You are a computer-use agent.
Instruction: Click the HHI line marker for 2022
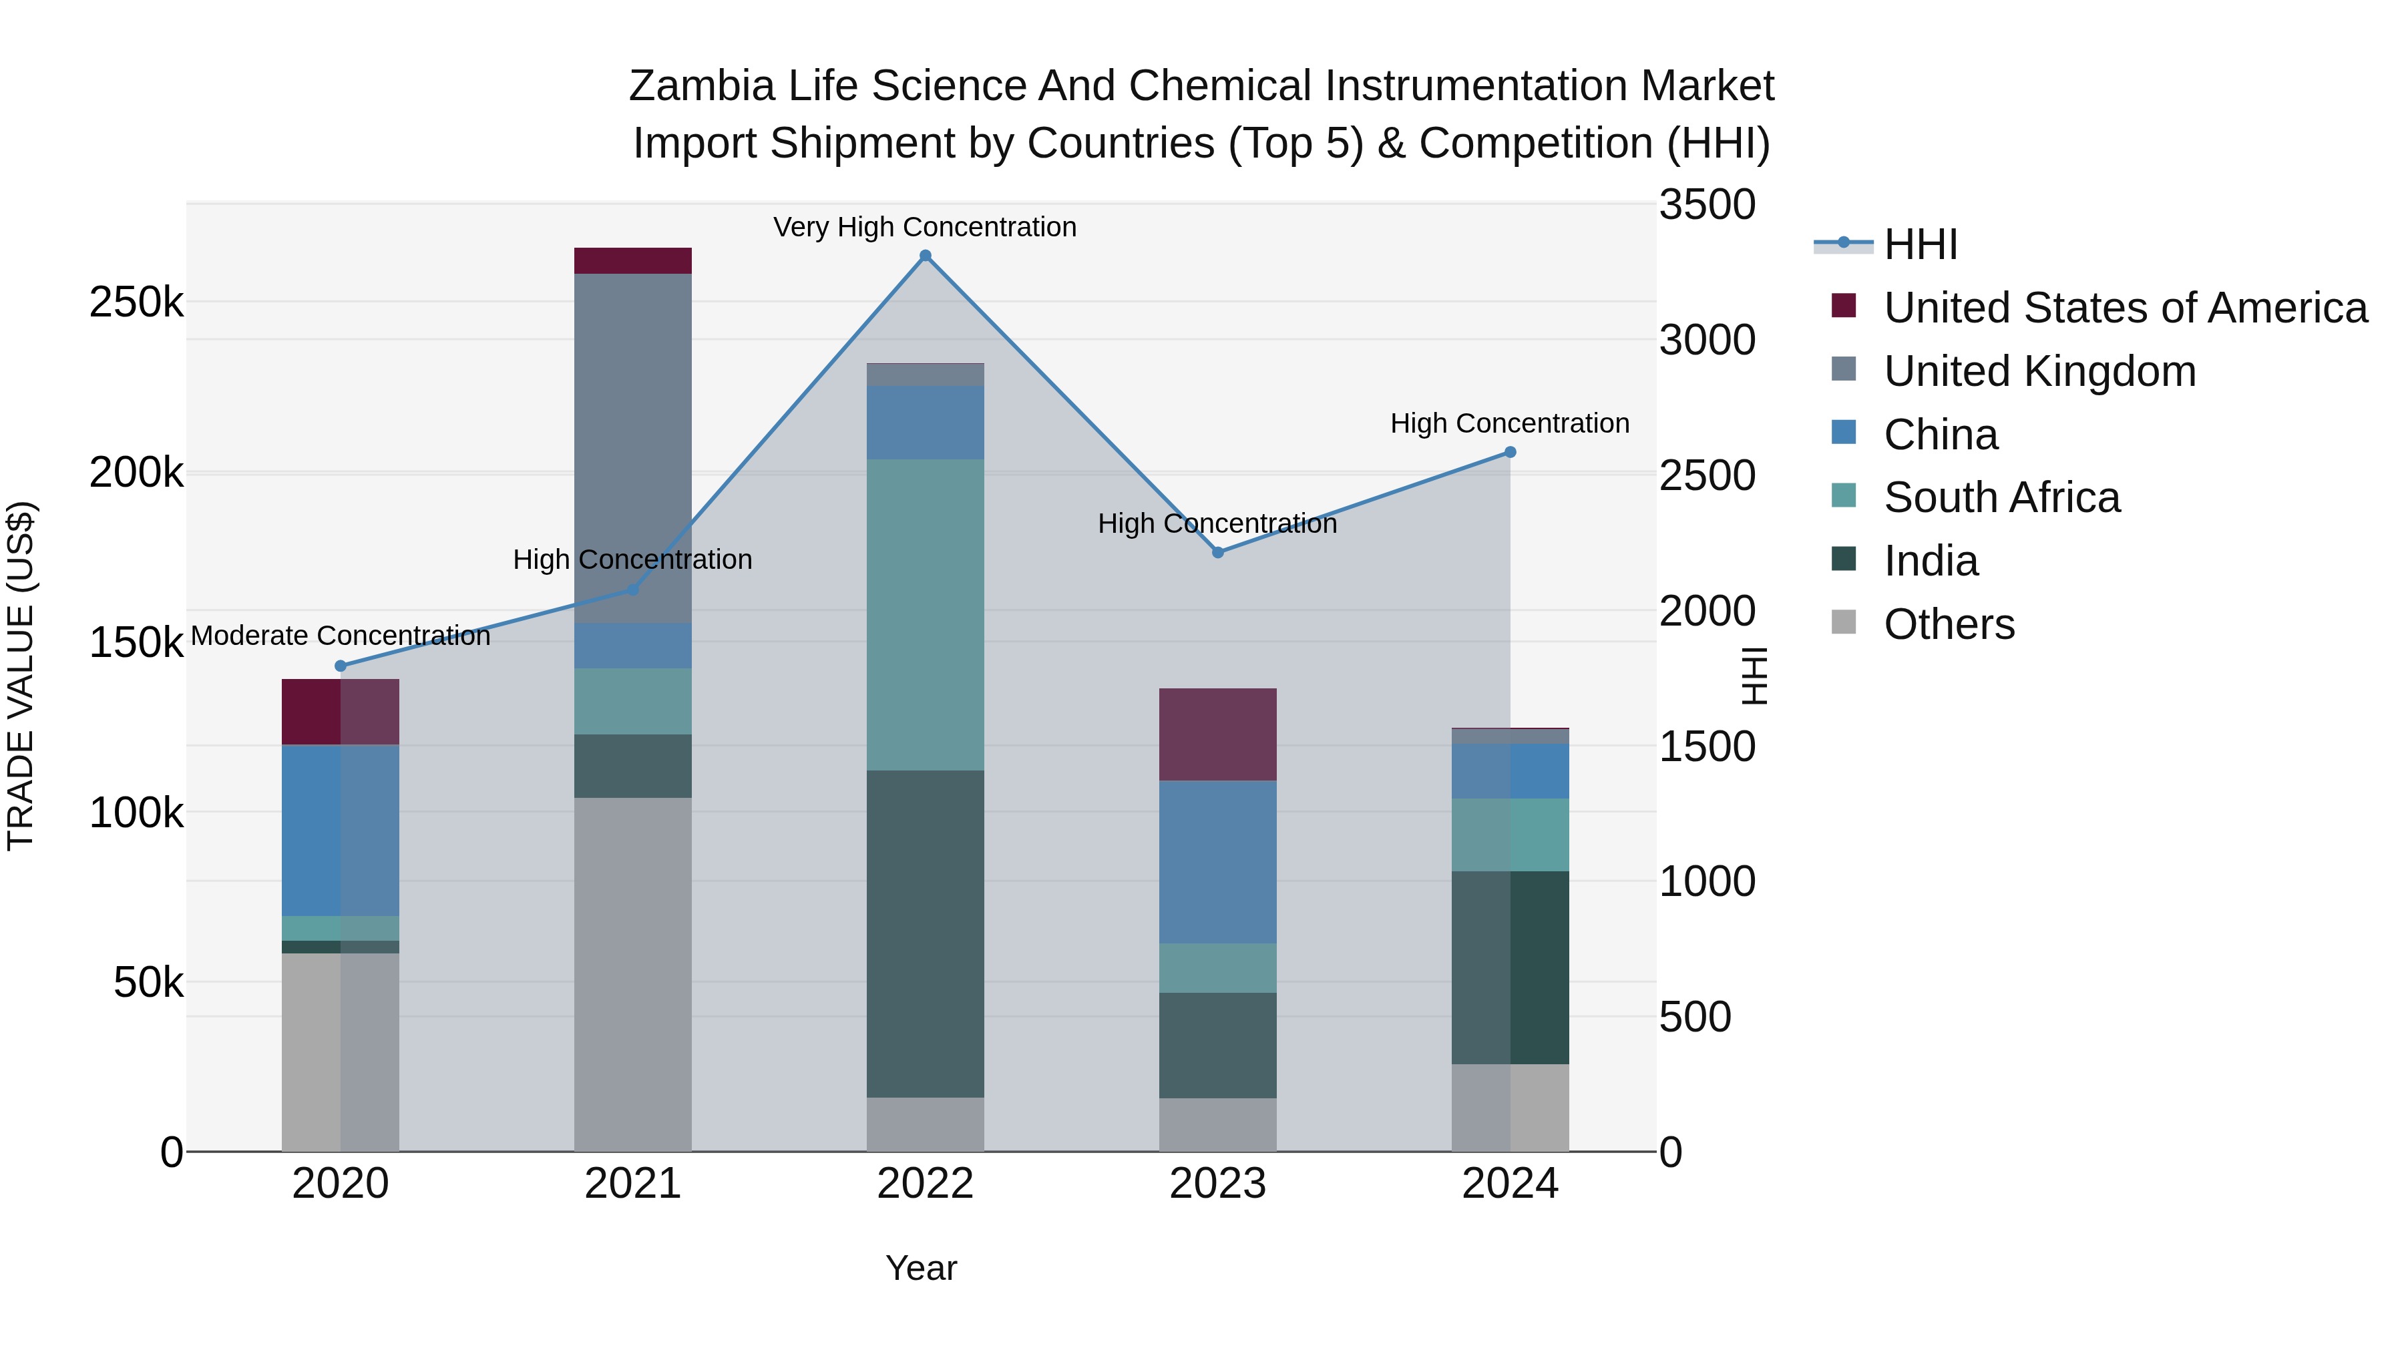pyautogui.click(x=925, y=256)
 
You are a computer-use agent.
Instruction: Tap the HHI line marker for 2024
pyautogui.click(x=1510, y=453)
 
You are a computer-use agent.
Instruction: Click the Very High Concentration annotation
pyautogui.click(x=925, y=228)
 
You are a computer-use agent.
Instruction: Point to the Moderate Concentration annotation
pyautogui.click(x=341, y=636)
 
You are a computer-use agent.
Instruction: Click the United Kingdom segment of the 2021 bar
pyautogui.click(x=633, y=448)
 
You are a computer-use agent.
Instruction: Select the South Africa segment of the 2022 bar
pyautogui.click(x=925, y=614)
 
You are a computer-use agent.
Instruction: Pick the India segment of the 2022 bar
pyautogui.click(x=925, y=933)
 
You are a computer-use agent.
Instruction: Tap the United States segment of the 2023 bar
pyautogui.click(x=1218, y=734)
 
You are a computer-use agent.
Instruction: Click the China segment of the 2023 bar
pyautogui.click(x=1218, y=861)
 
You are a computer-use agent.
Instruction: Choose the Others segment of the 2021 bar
pyautogui.click(x=633, y=974)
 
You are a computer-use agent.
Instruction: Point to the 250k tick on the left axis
pyautogui.click(x=136, y=302)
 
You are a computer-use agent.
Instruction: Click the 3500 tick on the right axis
pyautogui.click(x=1707, y=205)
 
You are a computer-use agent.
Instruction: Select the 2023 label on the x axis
pyautogui.click(x=1218, y=1184)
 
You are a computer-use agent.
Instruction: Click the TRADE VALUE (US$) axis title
pyautogui.click(x=21, y=676)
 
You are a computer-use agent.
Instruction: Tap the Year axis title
pyautogui.click(x=921, y=1268)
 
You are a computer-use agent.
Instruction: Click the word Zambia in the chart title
pyautogui.click(x=702, y=86)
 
